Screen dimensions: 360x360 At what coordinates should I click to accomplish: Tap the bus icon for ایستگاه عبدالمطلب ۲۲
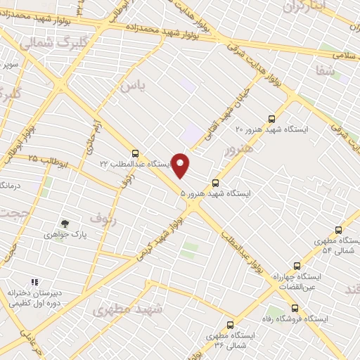pos(135,153)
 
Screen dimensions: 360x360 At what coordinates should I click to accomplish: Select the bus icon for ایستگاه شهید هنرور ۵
pos(215,182)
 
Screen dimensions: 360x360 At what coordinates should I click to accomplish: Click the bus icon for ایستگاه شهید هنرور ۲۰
pos(272,120)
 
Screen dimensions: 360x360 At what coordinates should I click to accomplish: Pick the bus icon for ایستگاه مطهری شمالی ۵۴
pos(338,230)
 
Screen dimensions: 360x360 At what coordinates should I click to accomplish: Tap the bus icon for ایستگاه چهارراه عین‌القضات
pos(297,266)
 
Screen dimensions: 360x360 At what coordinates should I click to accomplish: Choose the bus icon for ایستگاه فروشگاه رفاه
pos(295,308)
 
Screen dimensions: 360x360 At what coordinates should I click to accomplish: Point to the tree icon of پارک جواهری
pos(65,224)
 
